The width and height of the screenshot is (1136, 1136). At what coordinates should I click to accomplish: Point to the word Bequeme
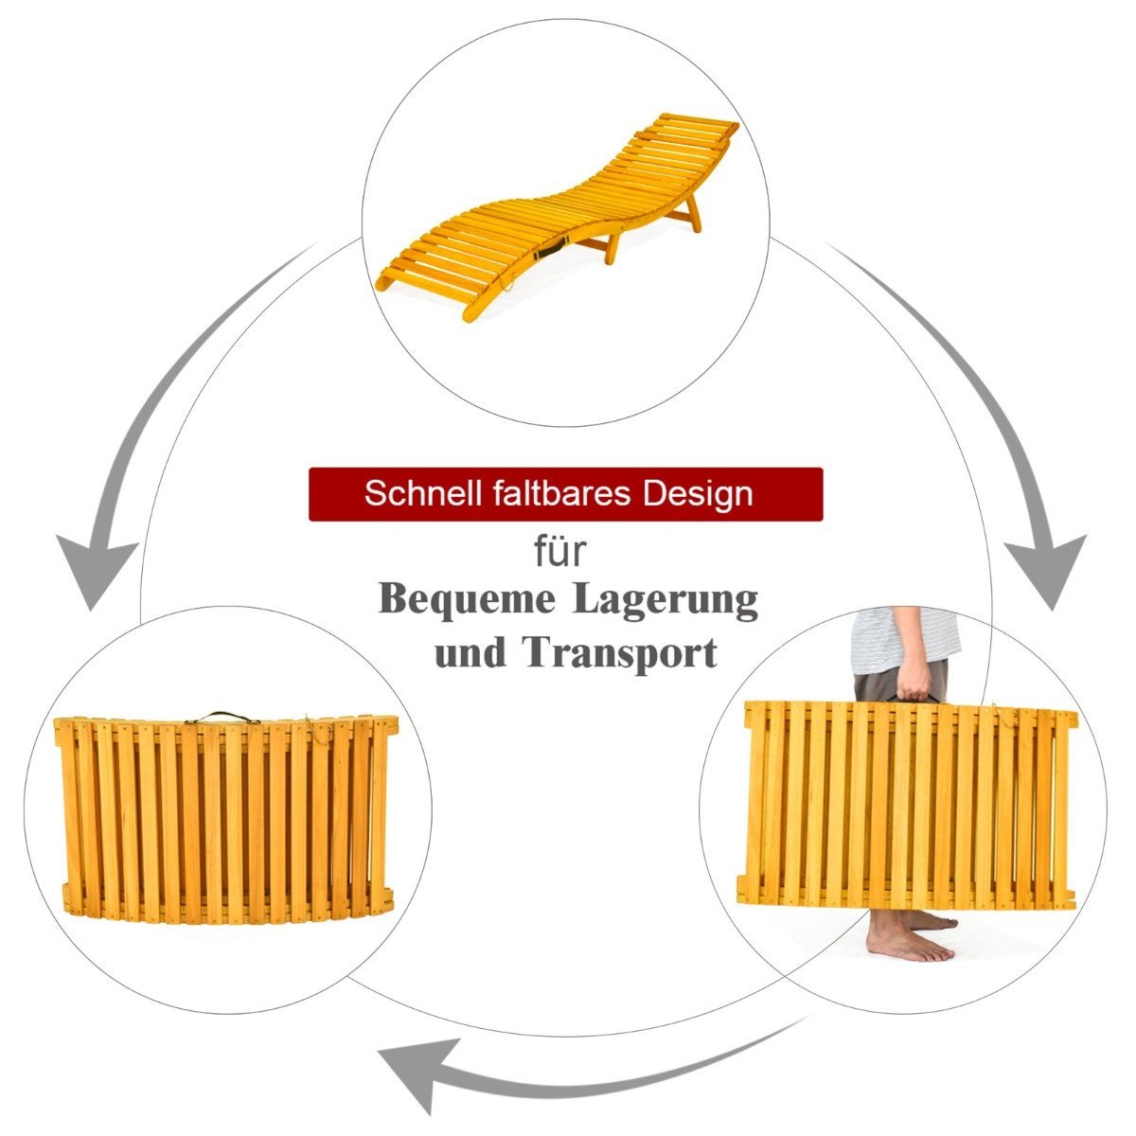pos(467,601)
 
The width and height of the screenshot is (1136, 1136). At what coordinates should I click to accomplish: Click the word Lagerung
pos(666,602)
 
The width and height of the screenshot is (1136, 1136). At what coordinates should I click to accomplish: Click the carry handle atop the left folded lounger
pos(217,718)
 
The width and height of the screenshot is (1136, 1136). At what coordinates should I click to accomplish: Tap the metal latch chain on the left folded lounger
pos(320,730)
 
